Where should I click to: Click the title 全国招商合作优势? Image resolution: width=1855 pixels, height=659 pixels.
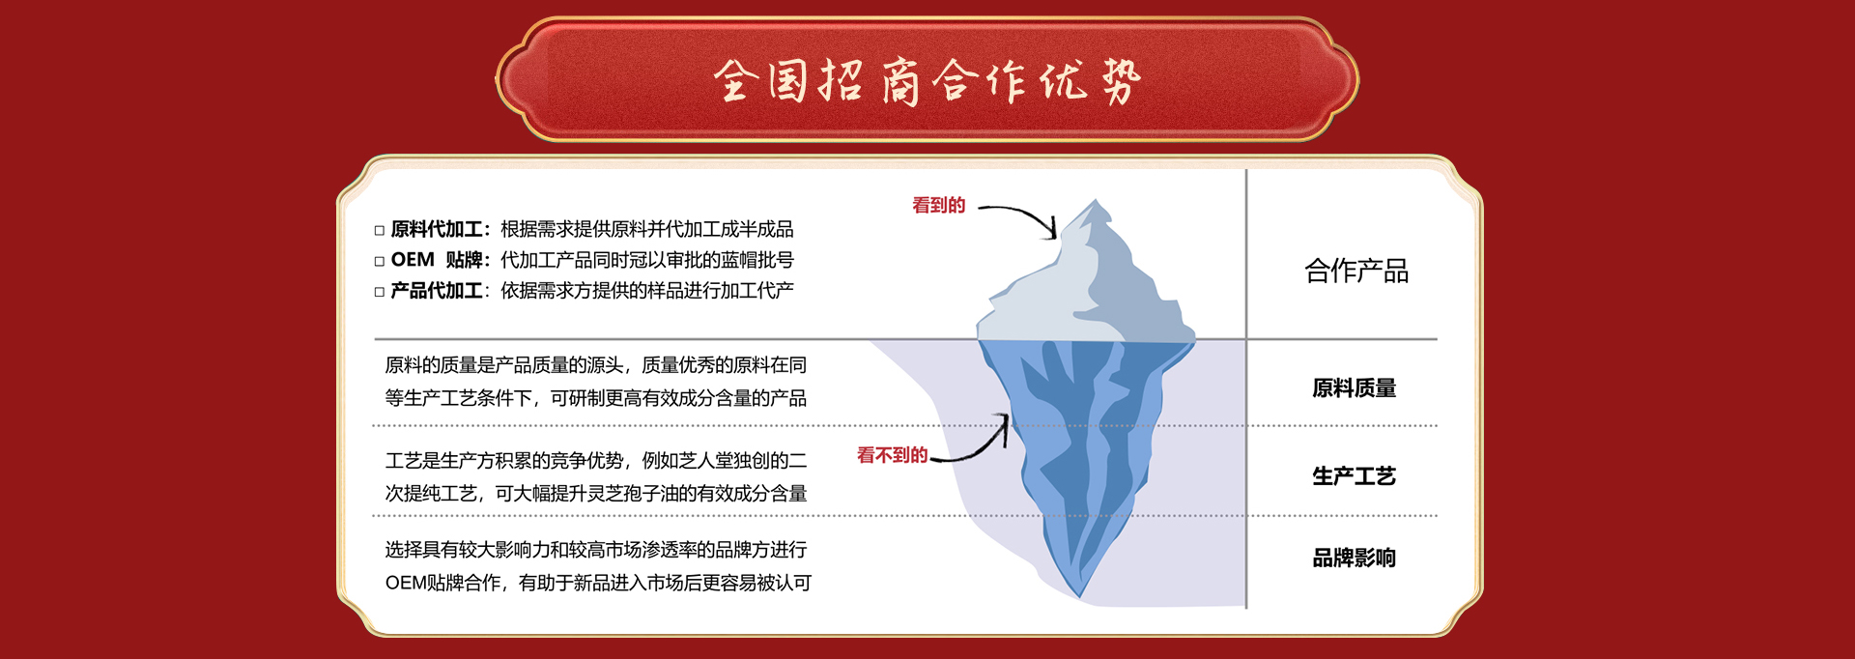(x=927, y=80)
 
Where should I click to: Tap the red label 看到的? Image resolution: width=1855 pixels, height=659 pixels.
(x=939, y=205)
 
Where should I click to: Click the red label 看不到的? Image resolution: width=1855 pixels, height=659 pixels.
(x=893, y=455)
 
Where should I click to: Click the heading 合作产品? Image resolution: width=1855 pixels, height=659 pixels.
(x=1356, y=271)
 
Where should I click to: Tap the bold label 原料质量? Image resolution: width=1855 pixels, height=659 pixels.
(x=1355, y=388)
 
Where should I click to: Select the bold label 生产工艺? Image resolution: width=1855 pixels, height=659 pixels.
(x=1355, y=476)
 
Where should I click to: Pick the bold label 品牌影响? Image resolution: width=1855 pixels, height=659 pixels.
(x=1355, y=559)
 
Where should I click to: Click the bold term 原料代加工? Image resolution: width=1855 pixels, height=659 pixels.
(x=437, y=229)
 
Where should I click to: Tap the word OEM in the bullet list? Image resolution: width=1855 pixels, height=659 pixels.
(x=413, y=260)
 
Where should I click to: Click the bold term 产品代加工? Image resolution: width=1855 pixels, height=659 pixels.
(x=437, y=291)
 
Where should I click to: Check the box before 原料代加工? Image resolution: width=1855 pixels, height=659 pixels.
(x=380, y=230)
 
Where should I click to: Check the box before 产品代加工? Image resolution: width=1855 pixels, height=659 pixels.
(x=380, y=292)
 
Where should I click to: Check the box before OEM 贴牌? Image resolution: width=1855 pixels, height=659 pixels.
(x=380, y=261)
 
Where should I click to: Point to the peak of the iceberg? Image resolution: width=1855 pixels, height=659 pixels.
(x=1095, y=200)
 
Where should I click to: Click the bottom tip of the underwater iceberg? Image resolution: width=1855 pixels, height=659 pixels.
(x=1080, y=597)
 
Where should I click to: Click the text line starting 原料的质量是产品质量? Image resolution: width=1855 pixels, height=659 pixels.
(x=595, y=365)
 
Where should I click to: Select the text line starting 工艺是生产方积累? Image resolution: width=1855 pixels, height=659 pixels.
(x=596, y=461)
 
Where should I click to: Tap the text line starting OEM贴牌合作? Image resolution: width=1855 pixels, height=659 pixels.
(x=598, y=583)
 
